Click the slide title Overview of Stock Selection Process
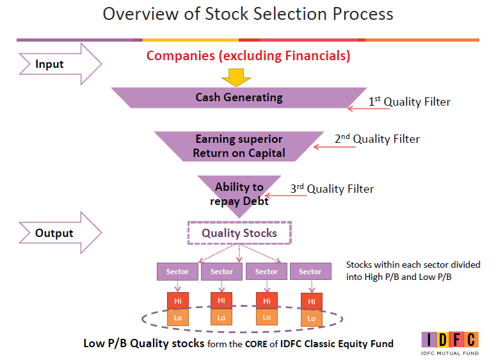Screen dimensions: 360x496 (248, 13)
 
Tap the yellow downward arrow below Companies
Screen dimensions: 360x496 (236, 77)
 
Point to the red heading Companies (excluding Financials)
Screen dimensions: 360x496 (248, 56)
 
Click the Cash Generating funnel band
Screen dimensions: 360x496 (239, 98)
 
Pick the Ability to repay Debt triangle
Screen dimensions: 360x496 (239, 193)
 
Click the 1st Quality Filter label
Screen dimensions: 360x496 (409, 102)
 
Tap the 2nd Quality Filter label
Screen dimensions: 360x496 (377, 139)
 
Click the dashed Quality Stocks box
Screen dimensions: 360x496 (239, 233)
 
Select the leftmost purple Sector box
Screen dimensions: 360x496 (177, 272)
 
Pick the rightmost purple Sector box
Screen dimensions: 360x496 (310, 272)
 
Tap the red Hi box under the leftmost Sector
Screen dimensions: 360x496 (177, 300)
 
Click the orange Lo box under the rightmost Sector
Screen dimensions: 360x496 (311, 318)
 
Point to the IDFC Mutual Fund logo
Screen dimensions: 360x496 (449, 343)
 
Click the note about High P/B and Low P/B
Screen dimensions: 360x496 (413, 270)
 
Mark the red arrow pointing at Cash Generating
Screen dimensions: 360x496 (368, 109)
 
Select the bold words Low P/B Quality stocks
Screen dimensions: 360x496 (143, 343)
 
